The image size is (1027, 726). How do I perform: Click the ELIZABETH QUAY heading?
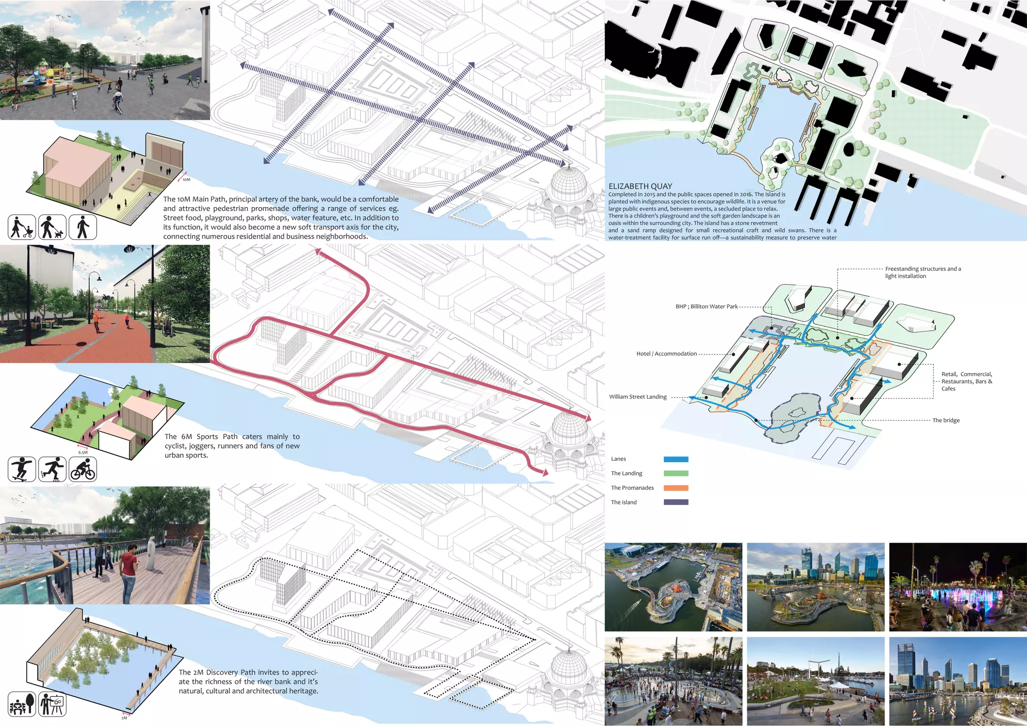640,186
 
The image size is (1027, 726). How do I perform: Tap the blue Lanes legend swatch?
675,459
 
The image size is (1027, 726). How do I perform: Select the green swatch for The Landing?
675,473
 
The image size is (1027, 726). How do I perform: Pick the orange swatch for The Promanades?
675,488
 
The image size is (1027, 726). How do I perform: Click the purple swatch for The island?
675,502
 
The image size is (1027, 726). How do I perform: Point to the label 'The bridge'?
946,420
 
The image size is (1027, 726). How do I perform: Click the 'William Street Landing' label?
638,397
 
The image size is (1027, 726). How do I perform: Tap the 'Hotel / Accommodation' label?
666,353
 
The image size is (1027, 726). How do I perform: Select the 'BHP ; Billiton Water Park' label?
706,306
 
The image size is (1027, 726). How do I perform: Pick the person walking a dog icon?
52,227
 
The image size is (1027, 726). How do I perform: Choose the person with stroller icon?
22,227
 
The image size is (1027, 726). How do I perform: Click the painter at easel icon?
52,704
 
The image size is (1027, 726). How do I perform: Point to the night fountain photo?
958,587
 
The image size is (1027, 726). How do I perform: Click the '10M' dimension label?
186,179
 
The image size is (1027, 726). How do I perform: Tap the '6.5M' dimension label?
83,452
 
